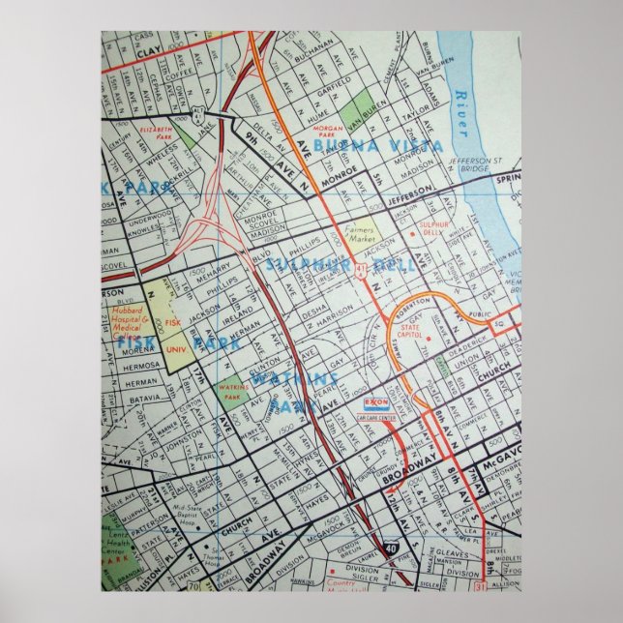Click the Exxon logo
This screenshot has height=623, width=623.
point(378,400)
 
